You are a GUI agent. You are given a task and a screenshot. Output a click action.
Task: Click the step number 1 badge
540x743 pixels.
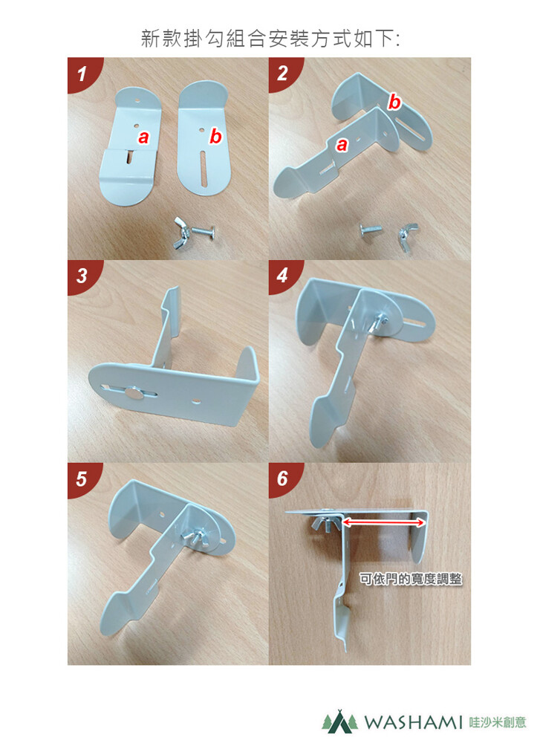(x=83, y=73)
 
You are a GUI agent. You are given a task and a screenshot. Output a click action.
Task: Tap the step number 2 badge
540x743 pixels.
(x=283, y=73)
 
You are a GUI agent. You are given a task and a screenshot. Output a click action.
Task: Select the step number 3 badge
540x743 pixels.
(x=83, y=275)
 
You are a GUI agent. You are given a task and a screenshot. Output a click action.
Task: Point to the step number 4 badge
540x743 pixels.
(x=283, y=275)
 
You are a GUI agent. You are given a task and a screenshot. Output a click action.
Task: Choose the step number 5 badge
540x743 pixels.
(x=83, y=478)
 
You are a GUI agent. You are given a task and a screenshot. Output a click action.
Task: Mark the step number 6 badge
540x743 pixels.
(x=283, y=478)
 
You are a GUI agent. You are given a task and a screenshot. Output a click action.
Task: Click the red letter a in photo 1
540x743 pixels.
(x=143, y=137)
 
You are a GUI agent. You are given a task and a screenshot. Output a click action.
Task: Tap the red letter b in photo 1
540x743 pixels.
(x=215, y=136)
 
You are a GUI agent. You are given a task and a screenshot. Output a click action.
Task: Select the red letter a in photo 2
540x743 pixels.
(x=342, y=144)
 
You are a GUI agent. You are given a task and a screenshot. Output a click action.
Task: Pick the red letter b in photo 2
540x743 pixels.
(x=394, y=101)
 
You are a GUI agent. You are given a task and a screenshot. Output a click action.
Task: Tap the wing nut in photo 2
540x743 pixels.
(x=407, y=232)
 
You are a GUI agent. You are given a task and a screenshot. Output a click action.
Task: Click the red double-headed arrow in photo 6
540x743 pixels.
(x=384, y=522)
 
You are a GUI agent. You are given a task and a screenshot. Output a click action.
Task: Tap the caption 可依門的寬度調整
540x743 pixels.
(x=410, y=579)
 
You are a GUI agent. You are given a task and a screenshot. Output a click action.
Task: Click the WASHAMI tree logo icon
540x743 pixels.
(x=340, y=721)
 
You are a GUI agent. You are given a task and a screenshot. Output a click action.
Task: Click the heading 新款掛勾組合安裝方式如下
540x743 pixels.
(x=270, y=39)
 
